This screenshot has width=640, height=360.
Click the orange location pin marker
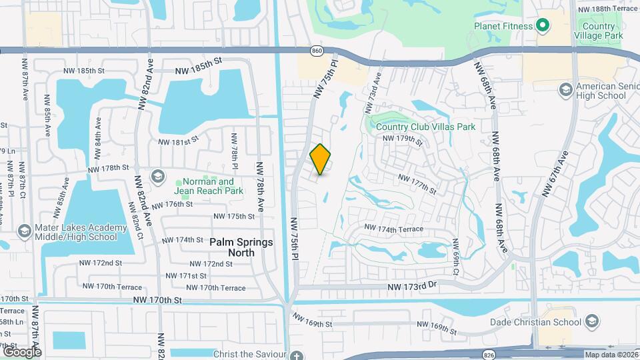click(x=321, y=159)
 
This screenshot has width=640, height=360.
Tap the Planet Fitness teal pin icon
click(x=543, y=26)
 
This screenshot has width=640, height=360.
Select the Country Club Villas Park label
click(x=425, y=127)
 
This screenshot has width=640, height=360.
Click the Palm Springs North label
click(x=241, y=243)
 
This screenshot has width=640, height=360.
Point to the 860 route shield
click(x=317, y=51)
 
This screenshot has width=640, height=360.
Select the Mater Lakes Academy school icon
click(x=24, y=231)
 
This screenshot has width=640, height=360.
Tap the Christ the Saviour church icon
click(x=297, y=355)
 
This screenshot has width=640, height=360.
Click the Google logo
click(x=22, y=351)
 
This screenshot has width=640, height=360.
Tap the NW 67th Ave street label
click(x=555, y=174)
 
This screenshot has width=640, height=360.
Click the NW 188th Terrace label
click(x=608, y=9)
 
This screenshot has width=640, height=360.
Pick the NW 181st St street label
click(x=179, y=141)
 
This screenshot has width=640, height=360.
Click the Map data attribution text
click(x=611, y=355)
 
